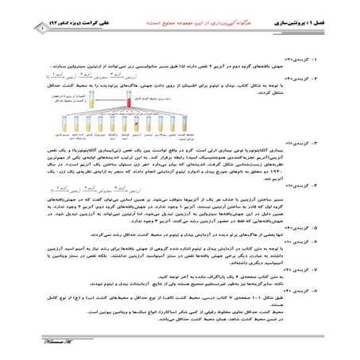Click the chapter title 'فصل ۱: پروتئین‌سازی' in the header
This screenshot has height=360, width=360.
(315, 14)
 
